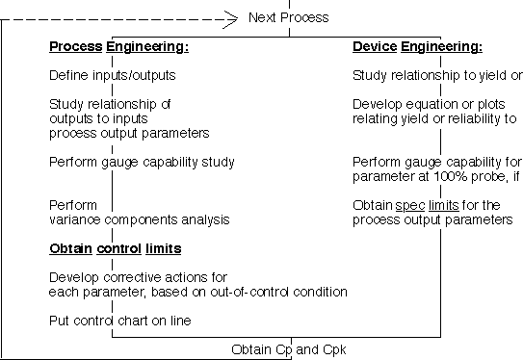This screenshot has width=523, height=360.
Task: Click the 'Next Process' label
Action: point(289,17)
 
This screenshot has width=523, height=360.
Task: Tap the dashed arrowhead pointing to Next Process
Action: point(231,19)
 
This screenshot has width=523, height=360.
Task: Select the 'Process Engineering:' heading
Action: point(119,46)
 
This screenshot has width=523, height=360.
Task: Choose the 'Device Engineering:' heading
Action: point(418,46)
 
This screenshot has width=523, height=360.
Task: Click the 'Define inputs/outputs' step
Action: point(113,75)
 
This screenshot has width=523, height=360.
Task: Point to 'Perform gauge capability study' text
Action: point(142,163)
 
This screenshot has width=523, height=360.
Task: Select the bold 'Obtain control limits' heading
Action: point(116,248)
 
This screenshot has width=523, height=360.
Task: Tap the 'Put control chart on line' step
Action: point(120,321)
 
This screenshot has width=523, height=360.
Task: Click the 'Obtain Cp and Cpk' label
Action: point(289,349)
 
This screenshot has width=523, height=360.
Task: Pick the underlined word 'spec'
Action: point(410,206)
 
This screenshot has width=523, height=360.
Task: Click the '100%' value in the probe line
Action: point(450,176)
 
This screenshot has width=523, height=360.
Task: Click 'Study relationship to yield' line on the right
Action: point(430,76)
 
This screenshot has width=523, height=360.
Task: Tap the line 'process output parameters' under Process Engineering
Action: point(129,134)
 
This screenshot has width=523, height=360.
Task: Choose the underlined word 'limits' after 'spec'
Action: point(444,205)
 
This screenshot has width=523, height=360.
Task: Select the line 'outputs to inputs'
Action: point(98,119)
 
